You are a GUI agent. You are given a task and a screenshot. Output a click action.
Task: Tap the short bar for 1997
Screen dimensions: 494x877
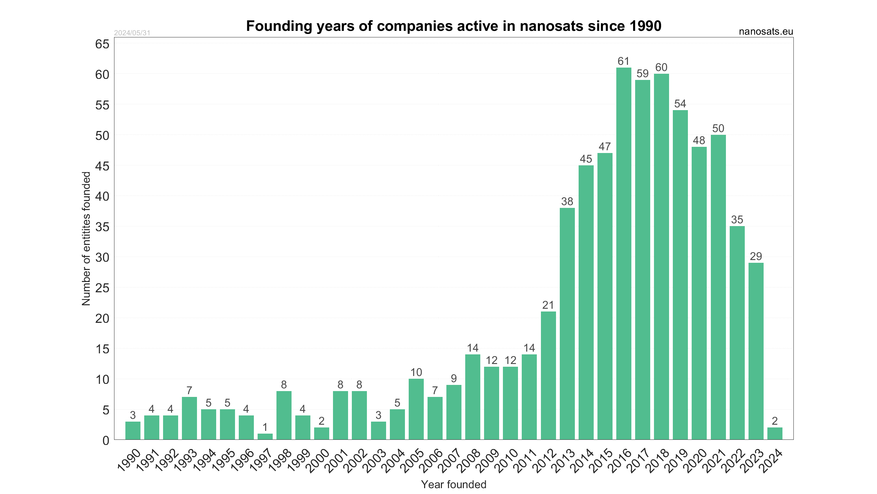[x=265, y=436]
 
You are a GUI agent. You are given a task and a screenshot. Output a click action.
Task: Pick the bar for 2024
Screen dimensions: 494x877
[x=775, y=433]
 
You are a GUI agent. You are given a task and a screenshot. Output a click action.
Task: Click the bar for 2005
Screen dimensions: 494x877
[x=416, y=409]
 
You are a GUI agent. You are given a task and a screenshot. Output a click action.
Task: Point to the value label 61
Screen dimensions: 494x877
[x=623, y=61]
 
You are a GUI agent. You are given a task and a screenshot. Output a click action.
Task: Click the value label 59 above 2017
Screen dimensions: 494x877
[x=642, y=74]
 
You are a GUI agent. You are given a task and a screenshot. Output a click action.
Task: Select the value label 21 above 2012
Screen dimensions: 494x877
[x=548, y=305]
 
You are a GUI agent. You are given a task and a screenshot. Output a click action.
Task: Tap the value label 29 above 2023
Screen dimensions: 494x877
[x=756, y=256]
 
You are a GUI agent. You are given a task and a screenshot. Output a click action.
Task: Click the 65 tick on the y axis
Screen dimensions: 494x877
[x=102, y=44]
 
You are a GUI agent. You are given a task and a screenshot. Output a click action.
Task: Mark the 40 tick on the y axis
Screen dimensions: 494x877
[x=102, y=196]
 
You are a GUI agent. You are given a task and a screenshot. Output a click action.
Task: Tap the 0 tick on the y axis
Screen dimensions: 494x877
[x=106, y=440]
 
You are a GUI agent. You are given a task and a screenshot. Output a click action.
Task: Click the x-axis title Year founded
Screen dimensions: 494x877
[x=454, y=484]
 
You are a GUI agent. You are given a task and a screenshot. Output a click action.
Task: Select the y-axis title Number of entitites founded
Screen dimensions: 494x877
[x=86, y=238]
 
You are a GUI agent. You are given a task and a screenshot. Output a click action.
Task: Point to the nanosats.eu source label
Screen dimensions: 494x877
[x=766, y=32]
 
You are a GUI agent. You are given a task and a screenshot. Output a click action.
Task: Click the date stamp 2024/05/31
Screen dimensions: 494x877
[x=132, y=33]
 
